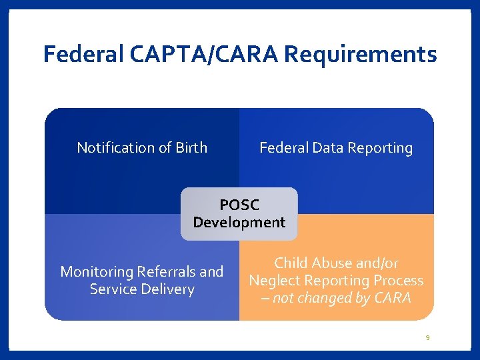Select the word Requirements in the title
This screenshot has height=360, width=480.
click(x=361, y=54)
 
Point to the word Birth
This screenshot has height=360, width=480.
click(x=191, y=148)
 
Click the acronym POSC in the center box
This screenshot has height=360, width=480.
click(x=239, y=205)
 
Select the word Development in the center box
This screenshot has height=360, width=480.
click(x=239, y=223)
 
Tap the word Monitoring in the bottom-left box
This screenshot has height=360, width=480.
click(x=97, y=272)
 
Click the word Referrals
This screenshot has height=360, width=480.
click(x=165, y=272)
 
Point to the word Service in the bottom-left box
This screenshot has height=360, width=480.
click(x=113, y=289)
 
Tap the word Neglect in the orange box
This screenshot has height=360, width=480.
click(x=276, y=281)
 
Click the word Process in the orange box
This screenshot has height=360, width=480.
click(x=399, y=281)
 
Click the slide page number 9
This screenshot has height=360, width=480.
click(x=428, y=338)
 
